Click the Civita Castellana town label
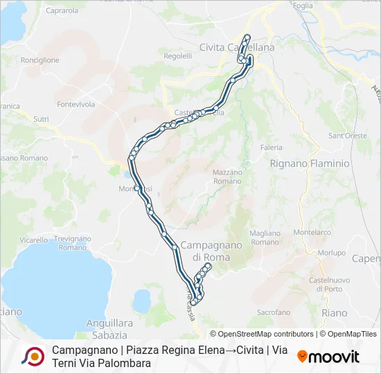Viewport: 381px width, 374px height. click(236, 47)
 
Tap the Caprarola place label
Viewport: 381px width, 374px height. click(62, 10)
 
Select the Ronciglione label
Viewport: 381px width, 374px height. click(40, 60)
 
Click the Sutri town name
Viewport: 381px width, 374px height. click(42, 119)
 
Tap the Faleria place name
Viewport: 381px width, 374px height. click(272, 148)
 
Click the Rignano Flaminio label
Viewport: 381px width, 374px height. click(310, 163)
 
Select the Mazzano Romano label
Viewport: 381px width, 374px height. click(227, 176)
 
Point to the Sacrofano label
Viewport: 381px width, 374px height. click(274, 312)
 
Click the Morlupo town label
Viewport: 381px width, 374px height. click(333, 253)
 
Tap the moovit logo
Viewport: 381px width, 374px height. click(328, 357)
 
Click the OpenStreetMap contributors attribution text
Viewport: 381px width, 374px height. click(262, 334)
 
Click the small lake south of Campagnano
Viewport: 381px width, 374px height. click(142, 301)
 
